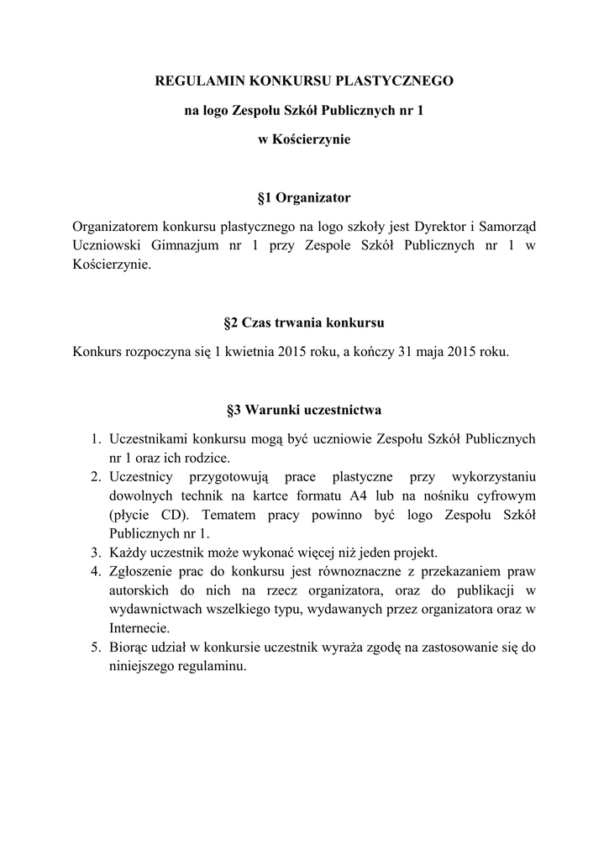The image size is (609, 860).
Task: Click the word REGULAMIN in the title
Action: pos(195,81)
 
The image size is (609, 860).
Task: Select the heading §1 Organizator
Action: pos(303,198)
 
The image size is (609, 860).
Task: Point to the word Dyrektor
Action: pos(437,227)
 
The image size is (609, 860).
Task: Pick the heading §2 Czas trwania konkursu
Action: pos(304,322)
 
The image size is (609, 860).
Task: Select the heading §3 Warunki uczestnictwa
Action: pos(304,411)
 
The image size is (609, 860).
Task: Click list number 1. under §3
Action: pos(96,439)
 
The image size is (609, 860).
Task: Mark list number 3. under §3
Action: pos(96,553)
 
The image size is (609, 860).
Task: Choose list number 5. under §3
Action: pos(96,648)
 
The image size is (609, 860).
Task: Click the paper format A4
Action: pos(363,496)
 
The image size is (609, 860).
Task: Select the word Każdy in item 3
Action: pos(128,553)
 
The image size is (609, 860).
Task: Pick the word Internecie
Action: pos(139,628)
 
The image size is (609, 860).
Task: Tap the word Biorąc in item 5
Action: pos(129,648)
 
